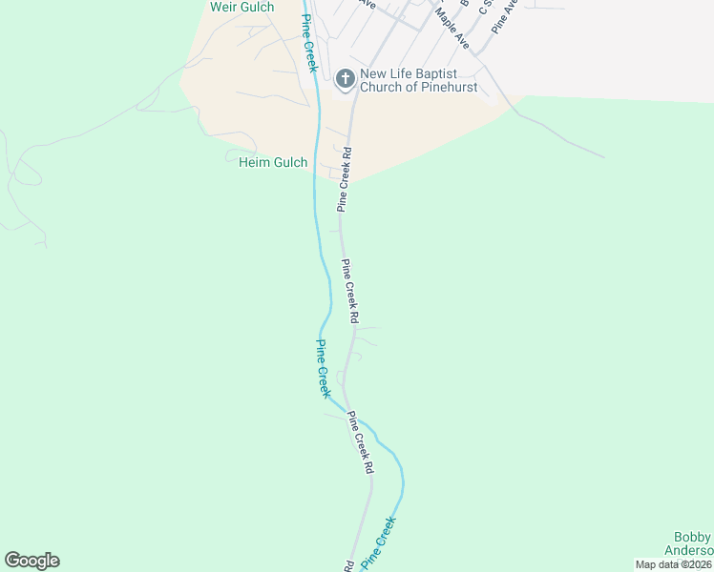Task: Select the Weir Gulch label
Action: (241, 8)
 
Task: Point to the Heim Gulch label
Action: (272, 163)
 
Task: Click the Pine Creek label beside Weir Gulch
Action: (308, 44)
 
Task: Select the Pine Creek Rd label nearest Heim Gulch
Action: (346, 178)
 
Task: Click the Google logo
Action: (31, 561)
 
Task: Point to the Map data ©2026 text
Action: (674, 564)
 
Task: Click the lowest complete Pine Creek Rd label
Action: (360, 443)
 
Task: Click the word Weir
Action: (223, 8)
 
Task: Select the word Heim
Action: (253, 163)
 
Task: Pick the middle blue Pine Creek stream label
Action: (324, 369)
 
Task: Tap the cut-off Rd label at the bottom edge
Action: (348, 566)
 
